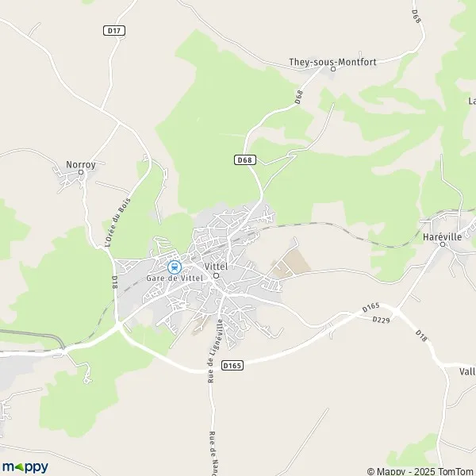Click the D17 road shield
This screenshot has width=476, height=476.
(x=115, y=30)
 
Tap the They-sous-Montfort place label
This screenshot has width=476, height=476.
(x=332, y=60)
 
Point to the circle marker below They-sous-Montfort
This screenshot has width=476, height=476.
(x=332, y=69)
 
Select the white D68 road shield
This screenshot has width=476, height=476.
(x=246, y=159)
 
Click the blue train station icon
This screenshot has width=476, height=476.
(x=174, y=267)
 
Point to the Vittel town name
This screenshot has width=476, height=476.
(x=216, y=267)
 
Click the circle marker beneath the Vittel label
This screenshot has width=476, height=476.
(x=216, y=276)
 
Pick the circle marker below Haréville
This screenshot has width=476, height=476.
(x=443, y=245)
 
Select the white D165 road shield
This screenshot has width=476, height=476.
(x=231, y=365)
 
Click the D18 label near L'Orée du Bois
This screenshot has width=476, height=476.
(x=115, y=282)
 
